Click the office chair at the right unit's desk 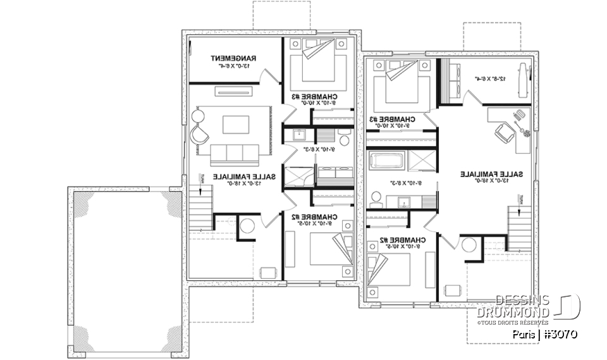click(503, 132)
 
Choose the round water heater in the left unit click(247, 226)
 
